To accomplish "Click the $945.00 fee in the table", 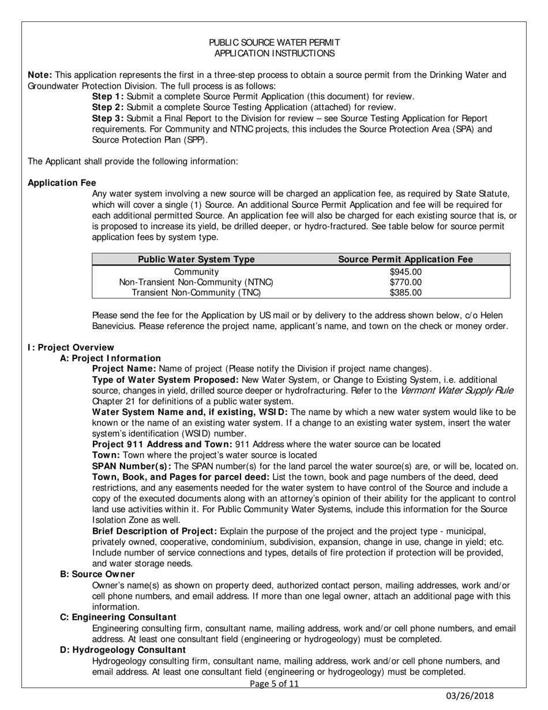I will point(406,272).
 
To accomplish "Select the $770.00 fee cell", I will point(406,282).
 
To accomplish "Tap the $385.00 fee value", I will point(406,293).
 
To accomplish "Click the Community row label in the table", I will point(196,272).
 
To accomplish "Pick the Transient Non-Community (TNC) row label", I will point(196,293).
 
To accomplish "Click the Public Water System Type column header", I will point(196,260).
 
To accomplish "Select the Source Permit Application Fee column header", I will point(405,260).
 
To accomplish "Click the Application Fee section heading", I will point(62,183).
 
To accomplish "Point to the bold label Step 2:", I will point(108,107).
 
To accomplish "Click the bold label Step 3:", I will point(108,118).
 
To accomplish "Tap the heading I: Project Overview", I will point(71,347).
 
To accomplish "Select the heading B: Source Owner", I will point(97,574).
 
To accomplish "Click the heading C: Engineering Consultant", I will point(118,617).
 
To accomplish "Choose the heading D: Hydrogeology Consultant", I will point(123,650).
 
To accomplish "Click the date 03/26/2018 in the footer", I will point(471,696).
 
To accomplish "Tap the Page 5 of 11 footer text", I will point(274,684).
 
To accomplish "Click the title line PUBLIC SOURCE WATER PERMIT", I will point(274,43).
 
